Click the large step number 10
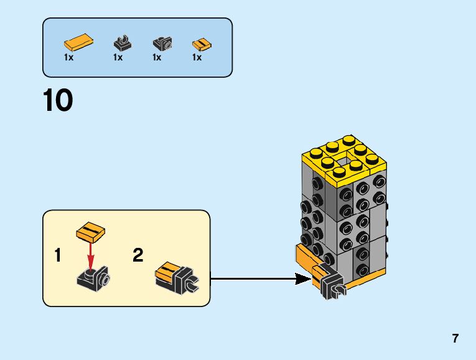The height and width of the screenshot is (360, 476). point(58,101)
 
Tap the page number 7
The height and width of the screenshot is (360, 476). point(455,339)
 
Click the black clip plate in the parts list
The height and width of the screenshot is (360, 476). point(122,44)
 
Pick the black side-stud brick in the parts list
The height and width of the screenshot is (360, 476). point(162,44)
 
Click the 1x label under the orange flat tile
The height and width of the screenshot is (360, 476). point(68,57)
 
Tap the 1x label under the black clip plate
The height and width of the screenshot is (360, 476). point(118,57)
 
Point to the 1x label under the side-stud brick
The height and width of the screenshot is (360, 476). point(157,57)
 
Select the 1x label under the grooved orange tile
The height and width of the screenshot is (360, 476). point(197,57)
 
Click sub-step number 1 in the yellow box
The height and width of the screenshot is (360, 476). point(58,255)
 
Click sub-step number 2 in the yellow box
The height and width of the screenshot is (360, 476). point(138,255)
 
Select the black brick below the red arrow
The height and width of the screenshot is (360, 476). point(93,278)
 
